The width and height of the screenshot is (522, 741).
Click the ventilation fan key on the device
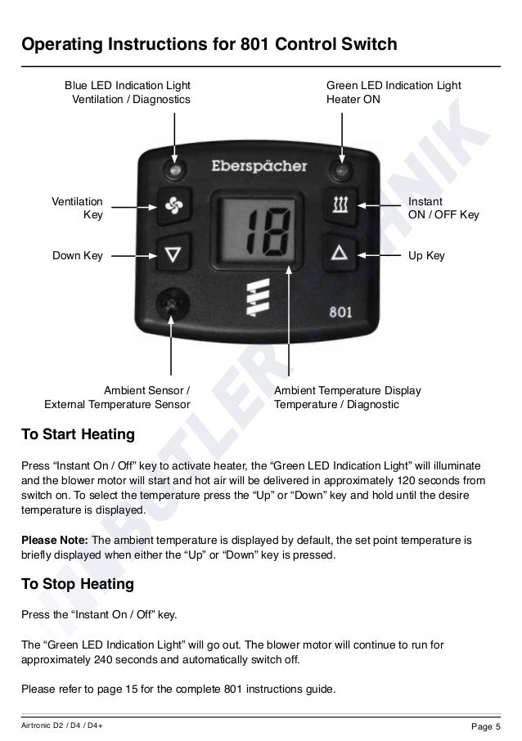pos(174,208)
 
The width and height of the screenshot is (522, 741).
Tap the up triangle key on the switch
pos(340,253)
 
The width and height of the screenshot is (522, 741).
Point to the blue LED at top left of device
pos(174,170)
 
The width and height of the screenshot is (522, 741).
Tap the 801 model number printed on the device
pos(340,312)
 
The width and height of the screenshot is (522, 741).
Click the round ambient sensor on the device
pos(171,304)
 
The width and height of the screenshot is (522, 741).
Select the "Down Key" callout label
pos(78,256)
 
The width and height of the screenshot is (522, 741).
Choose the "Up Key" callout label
pos(426,256)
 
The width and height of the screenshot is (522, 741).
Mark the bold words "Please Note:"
pos(55,541)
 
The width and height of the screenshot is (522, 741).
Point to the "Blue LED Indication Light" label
pos(127,85)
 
